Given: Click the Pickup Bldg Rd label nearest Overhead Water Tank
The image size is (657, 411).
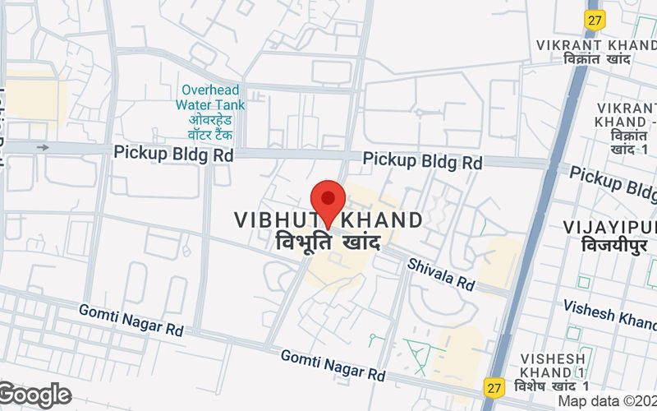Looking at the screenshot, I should (x=173, y=153).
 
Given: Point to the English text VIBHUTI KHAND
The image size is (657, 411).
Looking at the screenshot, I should (x=328, y=220).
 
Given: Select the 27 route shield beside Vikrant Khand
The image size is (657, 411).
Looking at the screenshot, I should (x=593, y=19).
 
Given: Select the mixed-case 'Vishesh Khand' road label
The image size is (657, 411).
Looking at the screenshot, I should (x=609, y=312).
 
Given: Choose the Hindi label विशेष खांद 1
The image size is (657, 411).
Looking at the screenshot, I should (x=553, y=386).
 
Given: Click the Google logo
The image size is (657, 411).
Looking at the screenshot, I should (x=34, y=395).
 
